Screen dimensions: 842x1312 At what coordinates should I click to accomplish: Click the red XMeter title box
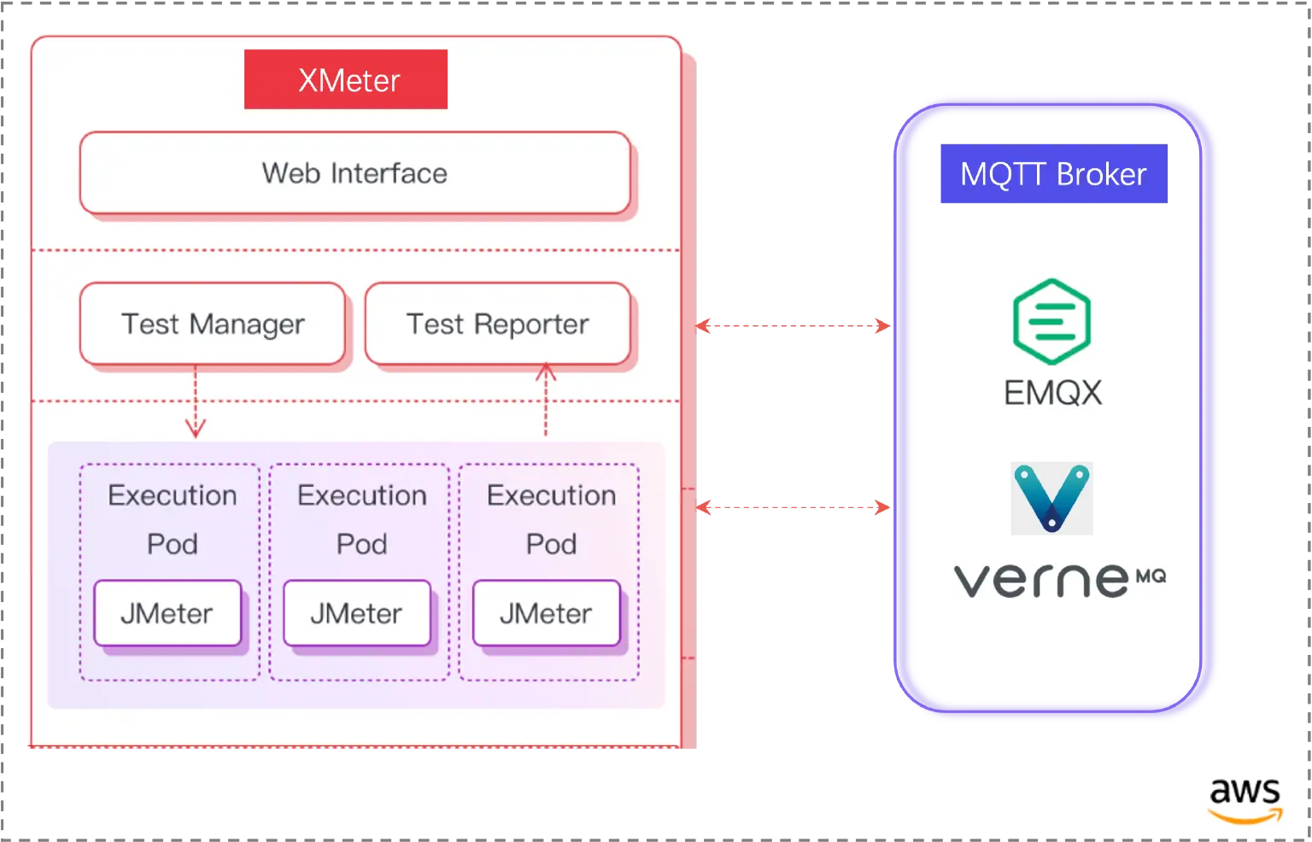tap(346, 79)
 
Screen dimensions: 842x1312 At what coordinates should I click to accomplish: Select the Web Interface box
tap(354, 173)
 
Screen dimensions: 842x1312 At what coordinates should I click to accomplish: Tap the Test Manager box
tap(213, 325)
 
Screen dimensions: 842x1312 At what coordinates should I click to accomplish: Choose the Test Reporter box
tap(498, 325)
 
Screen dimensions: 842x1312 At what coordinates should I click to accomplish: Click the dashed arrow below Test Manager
tap(196, 402)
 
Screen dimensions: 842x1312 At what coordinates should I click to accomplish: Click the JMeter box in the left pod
tap(167, 613)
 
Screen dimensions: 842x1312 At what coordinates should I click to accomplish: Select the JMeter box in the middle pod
tap(357, 613)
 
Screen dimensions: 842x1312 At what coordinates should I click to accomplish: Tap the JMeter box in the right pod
tap(547, 613)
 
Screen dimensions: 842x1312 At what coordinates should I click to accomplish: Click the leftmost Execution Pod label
tap(172, 518)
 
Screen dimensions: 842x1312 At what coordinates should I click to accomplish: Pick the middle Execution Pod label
tap(361, 518)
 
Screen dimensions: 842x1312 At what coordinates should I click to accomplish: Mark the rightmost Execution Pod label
tap(551, 518)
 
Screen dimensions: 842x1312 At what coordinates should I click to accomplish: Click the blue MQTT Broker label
tap(1052, 174)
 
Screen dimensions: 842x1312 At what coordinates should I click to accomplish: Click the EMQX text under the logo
tap(1052, 392)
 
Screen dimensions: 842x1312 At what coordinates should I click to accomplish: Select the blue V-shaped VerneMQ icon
tap(1051, 498)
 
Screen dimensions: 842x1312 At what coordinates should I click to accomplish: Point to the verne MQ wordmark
tap(1058, 581)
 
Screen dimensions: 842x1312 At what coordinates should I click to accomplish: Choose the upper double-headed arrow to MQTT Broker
tap(793, 325)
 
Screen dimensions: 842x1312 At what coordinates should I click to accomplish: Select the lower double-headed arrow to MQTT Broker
tap(793, 508)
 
